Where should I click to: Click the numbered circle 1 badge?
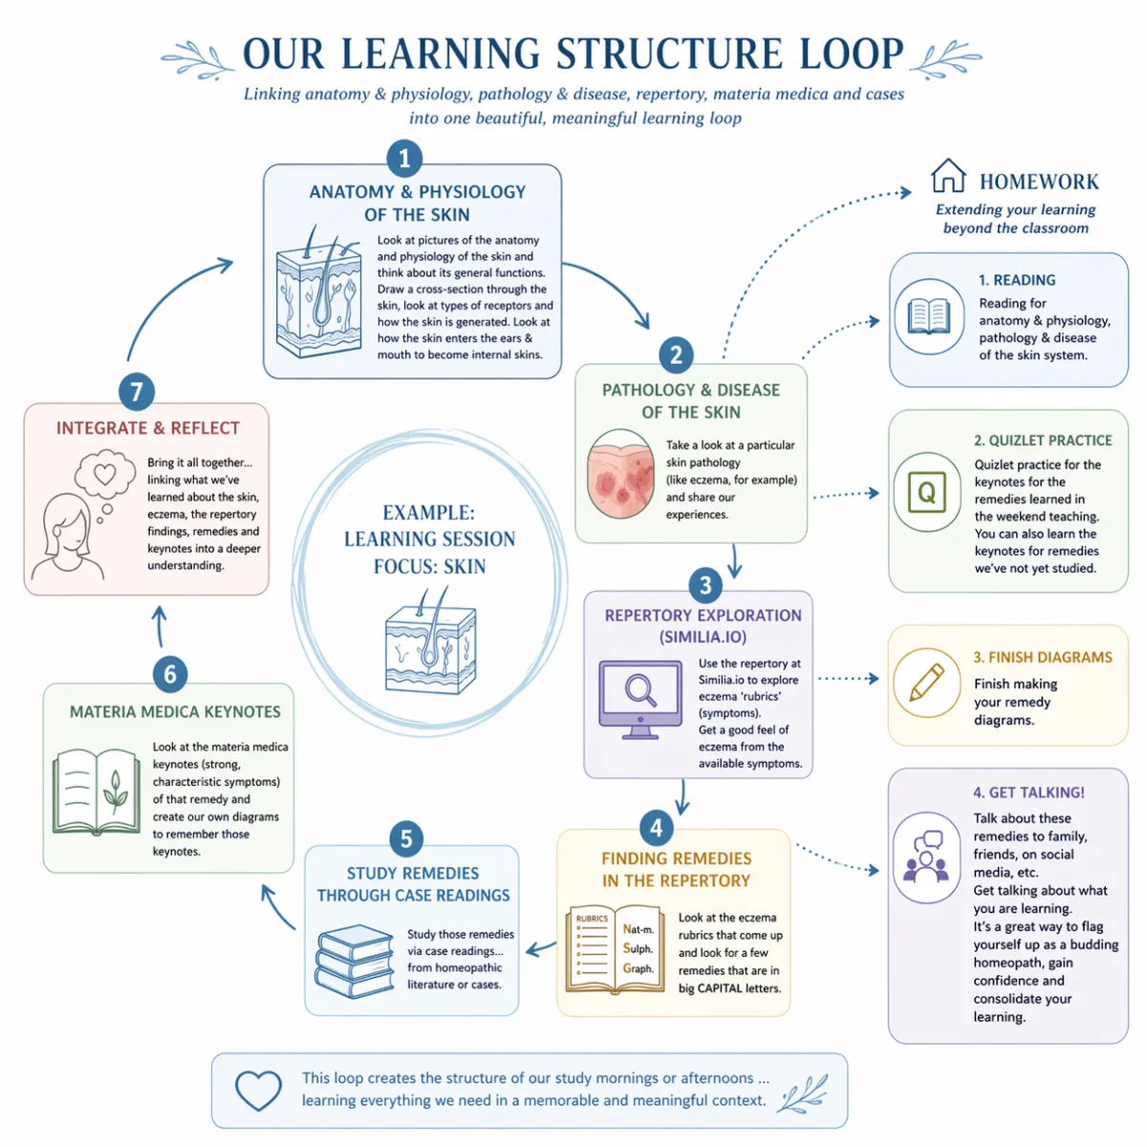point(404,159)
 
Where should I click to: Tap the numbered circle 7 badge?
point(137,392)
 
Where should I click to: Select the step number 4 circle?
point(656,827)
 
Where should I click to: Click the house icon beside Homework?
point(948,177)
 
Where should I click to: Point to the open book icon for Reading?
point(928,316)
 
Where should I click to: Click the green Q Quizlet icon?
point(926,492)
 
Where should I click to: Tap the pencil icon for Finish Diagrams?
point(926,682)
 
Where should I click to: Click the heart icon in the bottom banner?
point(258,1090)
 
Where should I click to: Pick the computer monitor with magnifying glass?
point(638,697)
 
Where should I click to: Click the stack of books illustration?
point(355,961)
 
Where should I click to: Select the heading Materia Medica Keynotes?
point(175,712)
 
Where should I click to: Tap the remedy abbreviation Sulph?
point(638,948)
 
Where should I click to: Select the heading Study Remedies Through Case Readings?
point(413,884)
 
